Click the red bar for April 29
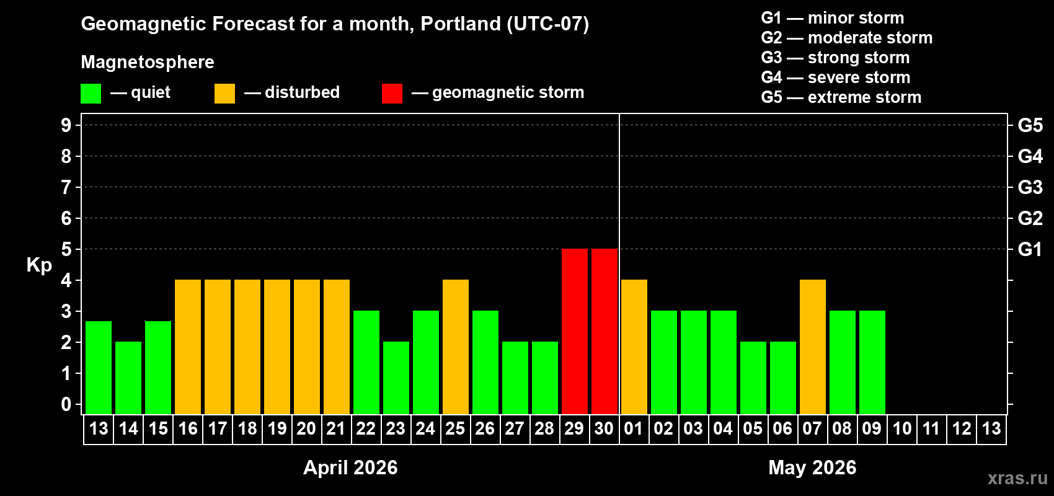click(574, 331)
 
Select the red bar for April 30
click(604, 331)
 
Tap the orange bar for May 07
click(812, 347)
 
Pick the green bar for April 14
click(128, 378)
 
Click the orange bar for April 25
click(455, 347)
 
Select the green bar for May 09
click(872, 362)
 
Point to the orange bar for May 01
click(634, 347)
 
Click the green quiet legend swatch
click(91, 94)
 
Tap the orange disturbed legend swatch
click(224, 94)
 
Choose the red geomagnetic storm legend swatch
click(392, 94)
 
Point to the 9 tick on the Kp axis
click(66, 125)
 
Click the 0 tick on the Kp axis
click(66, 404)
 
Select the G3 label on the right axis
click(1030, 187)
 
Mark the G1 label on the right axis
click(1030, 249)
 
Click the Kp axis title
click(39, 265)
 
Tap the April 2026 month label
click(350, 467)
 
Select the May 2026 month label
click(812, 467)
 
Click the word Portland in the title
click(461, 24)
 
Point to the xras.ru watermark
click(1017, 478)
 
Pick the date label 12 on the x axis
click(962, 428)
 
